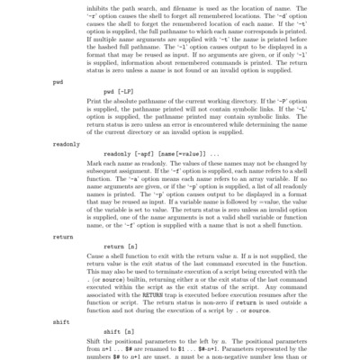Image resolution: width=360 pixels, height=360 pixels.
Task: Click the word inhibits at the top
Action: tap(114, 11)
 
